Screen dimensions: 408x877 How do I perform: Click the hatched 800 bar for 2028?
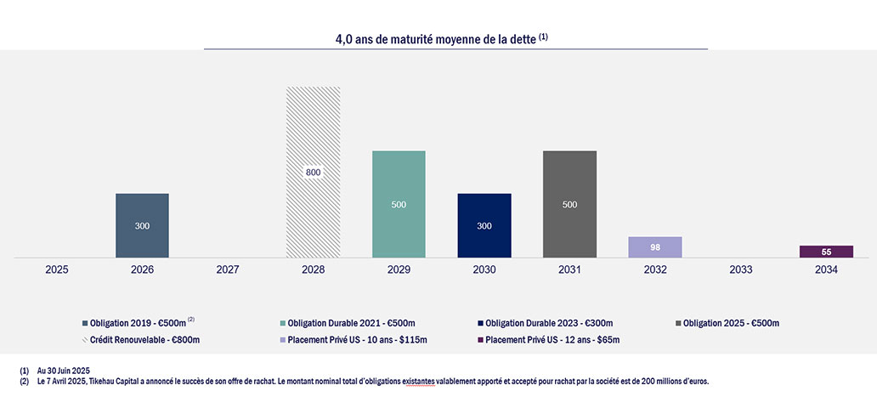[x=314, y=172]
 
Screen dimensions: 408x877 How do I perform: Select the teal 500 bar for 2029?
[x=399, y=204]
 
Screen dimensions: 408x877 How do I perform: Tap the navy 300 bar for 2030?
[x=484, y=225]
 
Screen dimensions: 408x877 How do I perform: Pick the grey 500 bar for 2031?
[x=569, y=204]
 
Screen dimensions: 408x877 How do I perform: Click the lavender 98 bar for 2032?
[x=655, y=246]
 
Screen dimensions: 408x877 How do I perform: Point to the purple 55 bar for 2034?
[x=826, y=252]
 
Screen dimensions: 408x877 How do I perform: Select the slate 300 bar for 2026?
[x=142, y=225]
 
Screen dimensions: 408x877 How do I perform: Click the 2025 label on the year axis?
[x=57, y=269]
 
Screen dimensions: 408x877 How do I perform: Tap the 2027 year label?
[x=228, y=269]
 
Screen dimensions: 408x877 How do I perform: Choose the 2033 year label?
[x=740, y=269]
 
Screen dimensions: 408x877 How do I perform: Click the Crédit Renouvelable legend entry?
[x=146, y=340]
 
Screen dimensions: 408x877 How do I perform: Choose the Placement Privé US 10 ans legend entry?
[x=365, y=340]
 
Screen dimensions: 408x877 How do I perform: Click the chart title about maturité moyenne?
[x=442, y=39]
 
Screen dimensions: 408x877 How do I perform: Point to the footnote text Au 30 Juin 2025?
[x=64, y=371]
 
